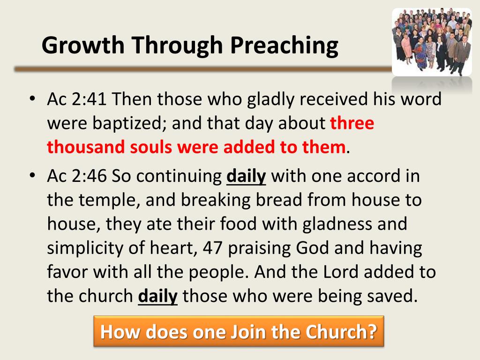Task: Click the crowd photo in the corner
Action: tap(432, 42)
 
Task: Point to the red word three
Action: tap(352, 123)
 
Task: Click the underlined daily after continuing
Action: tap(246, 176)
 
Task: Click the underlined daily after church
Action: tap(158, 296)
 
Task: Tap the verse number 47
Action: tap(214, 248)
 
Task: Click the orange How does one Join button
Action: tap(239, 331)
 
